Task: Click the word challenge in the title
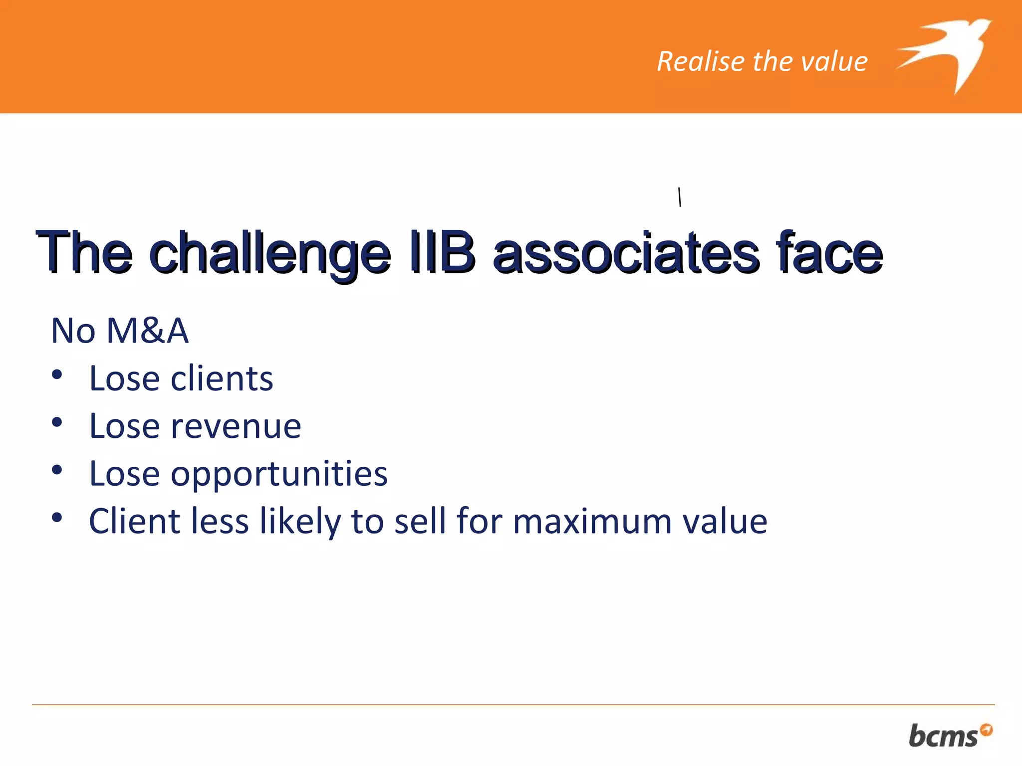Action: click(x=269, y=253)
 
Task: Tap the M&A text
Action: click(x=148, y=331)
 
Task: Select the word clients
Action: click(x=222, y=379)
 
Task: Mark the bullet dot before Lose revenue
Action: click(x=57, y=422)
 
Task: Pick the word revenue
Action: click(x=236, y=426)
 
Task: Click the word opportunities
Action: click(x=279, y=474)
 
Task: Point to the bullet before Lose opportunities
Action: click(x=57, y=470)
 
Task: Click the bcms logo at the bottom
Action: click(x=943, y=736)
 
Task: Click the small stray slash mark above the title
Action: click(x=679, y=197)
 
